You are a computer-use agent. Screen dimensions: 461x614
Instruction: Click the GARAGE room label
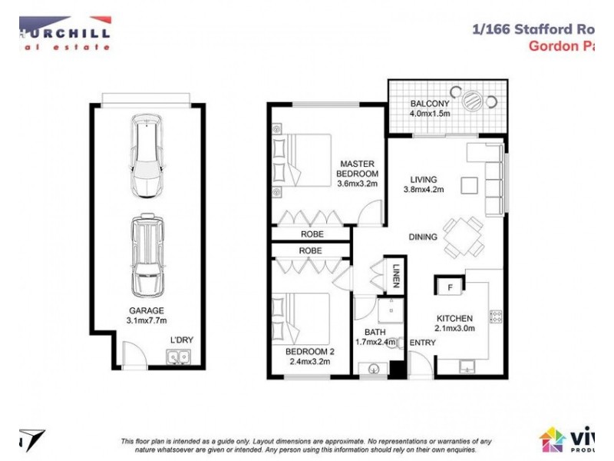(x=146, y=310)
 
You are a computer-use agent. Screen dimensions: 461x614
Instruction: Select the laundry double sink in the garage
(x=179, y=357)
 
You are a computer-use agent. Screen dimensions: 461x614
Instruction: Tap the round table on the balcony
(x=475, y=100)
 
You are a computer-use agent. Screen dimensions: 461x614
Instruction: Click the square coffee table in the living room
(x=468, y=184)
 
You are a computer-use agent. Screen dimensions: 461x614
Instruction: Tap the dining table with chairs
(x=464, y=237)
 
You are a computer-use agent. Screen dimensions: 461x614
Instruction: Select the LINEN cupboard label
(x=396, y=275)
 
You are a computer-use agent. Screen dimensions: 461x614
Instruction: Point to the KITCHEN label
(x=454, y=318)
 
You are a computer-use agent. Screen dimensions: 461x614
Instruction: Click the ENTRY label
(x=422, y=343)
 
